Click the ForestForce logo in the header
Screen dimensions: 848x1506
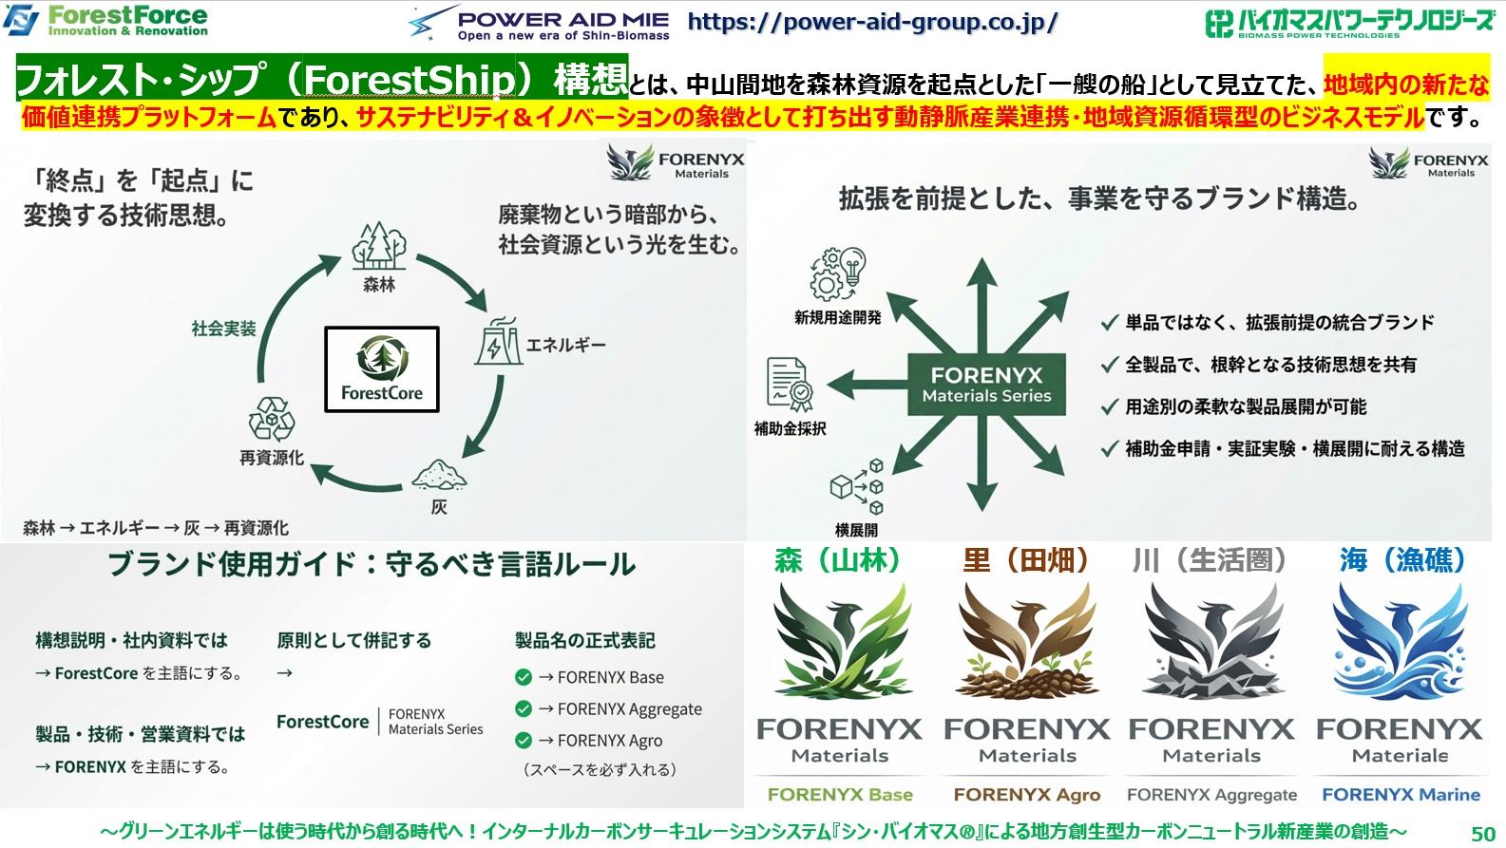click(106, 20)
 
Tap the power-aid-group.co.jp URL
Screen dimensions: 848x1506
click(871, 22)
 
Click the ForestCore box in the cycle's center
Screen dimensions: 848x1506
click(382, 369)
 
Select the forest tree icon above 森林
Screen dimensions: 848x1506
click(379, 247)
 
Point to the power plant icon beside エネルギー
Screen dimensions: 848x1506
click(497, 344)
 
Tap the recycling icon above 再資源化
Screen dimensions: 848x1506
click(272, 418)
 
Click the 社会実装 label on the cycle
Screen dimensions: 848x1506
click(223, 329)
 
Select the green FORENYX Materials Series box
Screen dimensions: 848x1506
click(986, 385)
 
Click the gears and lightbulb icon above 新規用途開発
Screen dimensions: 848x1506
click(837, 273)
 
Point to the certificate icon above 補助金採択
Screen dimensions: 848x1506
click(790, 385)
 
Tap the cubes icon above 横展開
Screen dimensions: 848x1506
click(856, 487)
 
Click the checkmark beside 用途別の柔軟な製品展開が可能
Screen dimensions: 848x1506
click(1108, 406)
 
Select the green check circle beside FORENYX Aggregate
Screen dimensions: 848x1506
click(523, 708)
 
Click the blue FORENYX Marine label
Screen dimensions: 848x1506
click(1401, 795)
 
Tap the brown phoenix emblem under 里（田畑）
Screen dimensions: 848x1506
click(1027, 641)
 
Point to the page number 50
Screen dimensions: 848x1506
click(1482, 833)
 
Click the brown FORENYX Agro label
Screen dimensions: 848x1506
click(1026, 795)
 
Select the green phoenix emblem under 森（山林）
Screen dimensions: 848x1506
click(839, 641)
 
